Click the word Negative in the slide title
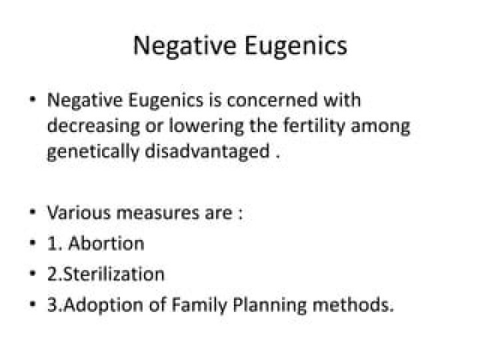(x=184, y=46)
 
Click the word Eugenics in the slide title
(x=296, y=46)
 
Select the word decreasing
(x=93, y=127)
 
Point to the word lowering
(x=207, y=127)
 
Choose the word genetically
(x=93, y=152)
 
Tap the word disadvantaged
(x=207, y=152)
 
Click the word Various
(x=79, y=213)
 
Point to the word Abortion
(x=106, y=244)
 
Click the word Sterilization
(x=114, y=274)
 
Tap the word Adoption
(x=103, y=305)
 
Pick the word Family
(x=199, y=305)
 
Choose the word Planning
(x=269, y=305)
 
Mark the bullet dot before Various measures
(x=33, y=212)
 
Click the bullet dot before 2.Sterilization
(x=33, y=273)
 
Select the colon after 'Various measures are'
(x=240, y=214)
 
